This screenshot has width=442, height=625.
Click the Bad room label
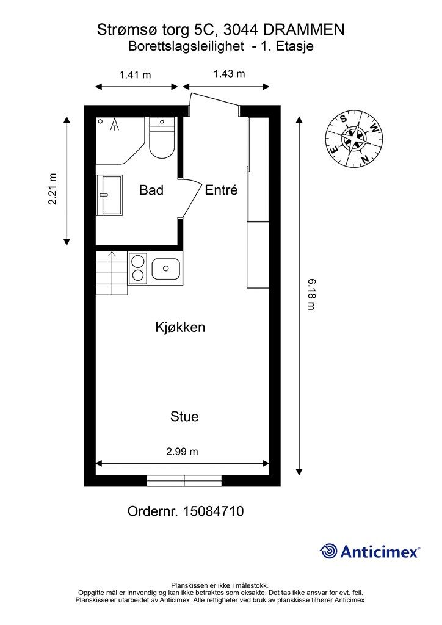click(x=151, y=190)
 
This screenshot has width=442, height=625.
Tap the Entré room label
click(x=221, y=190)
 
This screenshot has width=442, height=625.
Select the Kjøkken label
click(x=180, y=328)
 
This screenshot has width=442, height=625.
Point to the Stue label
click(x=184, y=416)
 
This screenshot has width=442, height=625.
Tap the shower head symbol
click(x=115, y=125)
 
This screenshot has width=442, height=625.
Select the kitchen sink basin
click(x=166, y=269)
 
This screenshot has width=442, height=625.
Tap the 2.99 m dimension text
click(x=182, y=452)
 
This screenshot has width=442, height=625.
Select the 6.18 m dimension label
click(x=311, y=295)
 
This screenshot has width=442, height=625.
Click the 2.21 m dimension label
click(x=53, y=189)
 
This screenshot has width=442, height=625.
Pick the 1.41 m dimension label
click(x=136, y=74)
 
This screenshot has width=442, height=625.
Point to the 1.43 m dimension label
click(x=229, y=74)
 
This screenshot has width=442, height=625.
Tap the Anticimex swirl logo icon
click(x=329, y=551)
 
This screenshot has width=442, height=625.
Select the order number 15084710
click(x=213, y=511)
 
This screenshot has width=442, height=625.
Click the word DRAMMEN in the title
click(x=304, y=30)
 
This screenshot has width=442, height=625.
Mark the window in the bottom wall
click(x=184, y=481)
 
